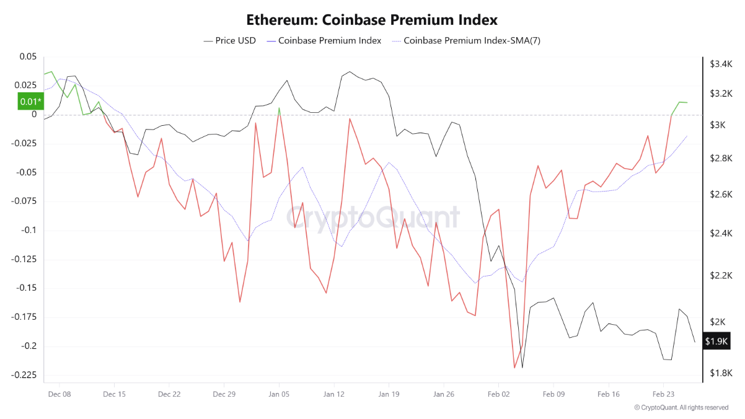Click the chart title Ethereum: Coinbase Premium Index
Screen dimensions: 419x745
[x=372, y=20]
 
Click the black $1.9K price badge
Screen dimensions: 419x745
[x=717, y=342]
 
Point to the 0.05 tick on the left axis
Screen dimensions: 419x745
[x=28, y=56]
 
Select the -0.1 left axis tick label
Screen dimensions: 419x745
[x=28, y=231]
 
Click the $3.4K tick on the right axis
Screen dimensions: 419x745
[x=721, y=64]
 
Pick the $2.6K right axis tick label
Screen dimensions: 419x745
[x=721, y=195]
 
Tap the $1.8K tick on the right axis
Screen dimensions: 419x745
[x=721, y=373]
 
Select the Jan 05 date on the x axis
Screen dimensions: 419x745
[x=279, y=394]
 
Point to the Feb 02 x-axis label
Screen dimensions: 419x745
[x=498, y=394]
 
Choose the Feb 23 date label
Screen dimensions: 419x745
[x=663, y=394]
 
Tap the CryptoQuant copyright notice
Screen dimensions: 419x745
[x=681, y=407]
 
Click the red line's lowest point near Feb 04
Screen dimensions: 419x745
[x=514, y=368]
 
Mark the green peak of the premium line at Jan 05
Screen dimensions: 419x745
[x=279, y=108]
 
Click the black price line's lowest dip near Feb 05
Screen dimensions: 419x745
[x=522, y=368]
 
